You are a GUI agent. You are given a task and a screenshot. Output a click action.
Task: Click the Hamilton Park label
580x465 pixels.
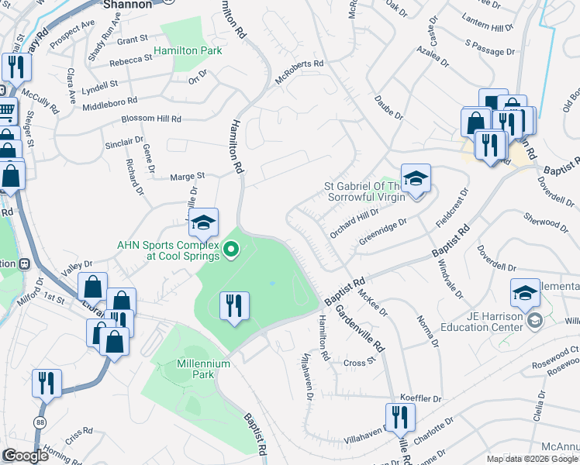(188, 51)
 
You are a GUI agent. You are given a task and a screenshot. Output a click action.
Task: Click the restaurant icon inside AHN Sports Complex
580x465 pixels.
(233, 307)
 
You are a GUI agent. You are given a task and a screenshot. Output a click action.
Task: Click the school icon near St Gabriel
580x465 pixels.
(416, 180)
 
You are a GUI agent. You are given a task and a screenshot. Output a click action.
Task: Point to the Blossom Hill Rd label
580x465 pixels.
(151, 119)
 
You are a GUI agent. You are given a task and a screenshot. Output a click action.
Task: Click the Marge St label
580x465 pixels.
(188, 176)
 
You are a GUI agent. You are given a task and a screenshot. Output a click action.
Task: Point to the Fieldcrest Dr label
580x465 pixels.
(453, 207)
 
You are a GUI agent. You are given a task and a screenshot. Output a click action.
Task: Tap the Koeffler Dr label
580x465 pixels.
(426, 398)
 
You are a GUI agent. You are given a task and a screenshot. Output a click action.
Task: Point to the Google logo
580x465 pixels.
(25, 456)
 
